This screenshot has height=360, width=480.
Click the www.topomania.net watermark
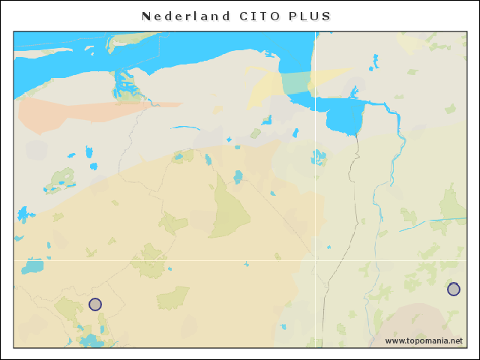point(424,341)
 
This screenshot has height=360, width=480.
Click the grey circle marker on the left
point(95,304)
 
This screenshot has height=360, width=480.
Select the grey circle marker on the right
point(454,289)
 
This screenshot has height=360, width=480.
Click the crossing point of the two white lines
point(315,260)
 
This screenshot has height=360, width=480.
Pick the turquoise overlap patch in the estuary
point(297,82)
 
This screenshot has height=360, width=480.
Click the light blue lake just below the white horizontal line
point(34,266)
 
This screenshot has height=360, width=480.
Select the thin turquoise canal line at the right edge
point(435,223)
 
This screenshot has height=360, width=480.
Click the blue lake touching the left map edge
point(24,214)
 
